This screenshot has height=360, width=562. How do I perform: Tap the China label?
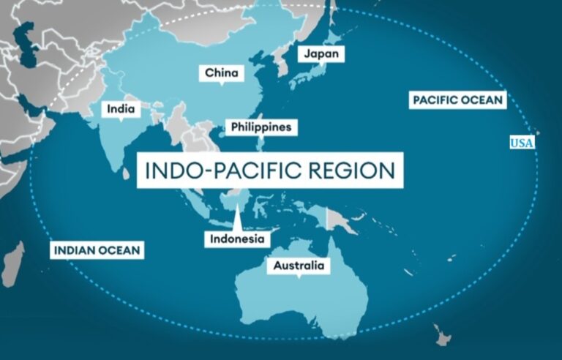coord(221,72)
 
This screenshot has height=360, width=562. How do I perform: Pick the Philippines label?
coord(261,127)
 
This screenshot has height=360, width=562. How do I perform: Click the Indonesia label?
coord(237,239)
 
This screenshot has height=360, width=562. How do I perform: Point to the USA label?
coord(522,142)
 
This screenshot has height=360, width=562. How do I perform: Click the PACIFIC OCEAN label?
coord(457,100)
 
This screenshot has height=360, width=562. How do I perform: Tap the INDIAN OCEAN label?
coord(97,250)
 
